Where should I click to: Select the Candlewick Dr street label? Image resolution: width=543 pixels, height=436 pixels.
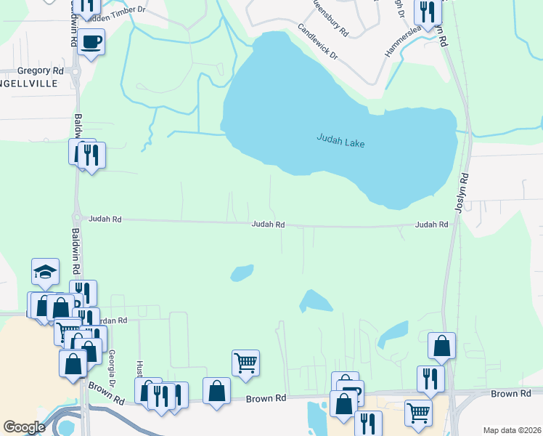[x=318, y=41]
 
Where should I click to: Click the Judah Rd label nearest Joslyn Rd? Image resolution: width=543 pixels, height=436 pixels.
[x=431, y=225]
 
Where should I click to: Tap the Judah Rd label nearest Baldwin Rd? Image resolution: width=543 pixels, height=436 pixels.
[x=105, y=219]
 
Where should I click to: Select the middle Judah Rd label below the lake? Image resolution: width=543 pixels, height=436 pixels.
[x=267, y=225]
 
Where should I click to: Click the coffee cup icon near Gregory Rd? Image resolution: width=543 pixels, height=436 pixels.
[x=91, y=41]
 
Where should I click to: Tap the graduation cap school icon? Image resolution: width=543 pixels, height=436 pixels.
[x=45, y=272]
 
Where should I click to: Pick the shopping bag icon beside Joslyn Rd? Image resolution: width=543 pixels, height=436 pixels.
[x=441, y=347]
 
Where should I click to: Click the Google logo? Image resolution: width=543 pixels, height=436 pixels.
[x=24, y=427]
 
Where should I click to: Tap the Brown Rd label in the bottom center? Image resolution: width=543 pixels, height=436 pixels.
[x=266, y=398]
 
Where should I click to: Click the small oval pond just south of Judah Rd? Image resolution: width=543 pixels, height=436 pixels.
[x=242, y=273]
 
